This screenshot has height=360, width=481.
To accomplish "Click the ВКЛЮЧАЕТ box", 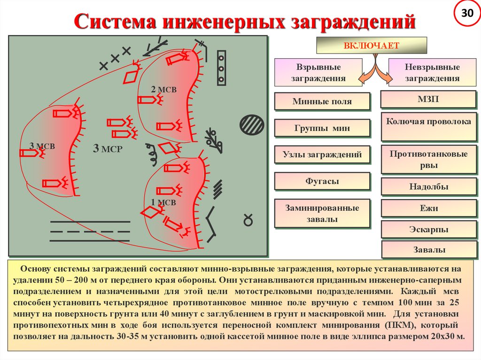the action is coord(371,46).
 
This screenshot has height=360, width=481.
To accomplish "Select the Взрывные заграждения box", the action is coord(318,73).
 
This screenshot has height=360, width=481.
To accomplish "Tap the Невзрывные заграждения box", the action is coord(432,73).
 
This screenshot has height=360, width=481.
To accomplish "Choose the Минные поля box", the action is coord(322,101).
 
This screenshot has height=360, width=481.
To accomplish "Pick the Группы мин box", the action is coord(322,128).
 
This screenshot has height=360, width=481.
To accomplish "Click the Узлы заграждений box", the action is coord(322,154).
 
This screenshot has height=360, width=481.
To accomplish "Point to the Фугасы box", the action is coord(322,181).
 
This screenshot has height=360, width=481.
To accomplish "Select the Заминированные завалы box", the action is coord(322,213).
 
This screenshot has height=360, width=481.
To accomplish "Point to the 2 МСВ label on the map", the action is coord(163,89).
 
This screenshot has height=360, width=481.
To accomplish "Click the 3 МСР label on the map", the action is coord(108,149).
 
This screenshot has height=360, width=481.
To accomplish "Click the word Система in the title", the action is coord(113,22).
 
